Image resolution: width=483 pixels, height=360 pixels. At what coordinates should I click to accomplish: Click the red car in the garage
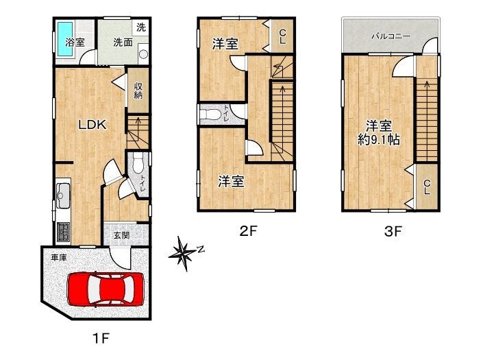pos(106,289)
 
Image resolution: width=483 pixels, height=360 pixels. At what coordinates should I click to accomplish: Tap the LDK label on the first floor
pos(92,125)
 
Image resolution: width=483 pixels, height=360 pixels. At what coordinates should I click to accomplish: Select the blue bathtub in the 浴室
pos(64,39)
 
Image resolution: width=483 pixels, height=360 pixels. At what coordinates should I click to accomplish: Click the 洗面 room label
pos(123,43)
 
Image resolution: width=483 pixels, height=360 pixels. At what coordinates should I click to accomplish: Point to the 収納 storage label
pos(138,91)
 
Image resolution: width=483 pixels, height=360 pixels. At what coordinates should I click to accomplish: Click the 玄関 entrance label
pos(121,235)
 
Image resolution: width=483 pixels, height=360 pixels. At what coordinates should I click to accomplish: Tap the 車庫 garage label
pos(58,258)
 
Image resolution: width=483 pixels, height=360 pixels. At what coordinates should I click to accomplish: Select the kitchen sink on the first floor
pos(63,195)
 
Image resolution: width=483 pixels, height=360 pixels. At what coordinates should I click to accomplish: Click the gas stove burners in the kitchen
pos(64,232)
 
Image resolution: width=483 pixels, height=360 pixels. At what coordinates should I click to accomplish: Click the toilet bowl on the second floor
pos(210,115)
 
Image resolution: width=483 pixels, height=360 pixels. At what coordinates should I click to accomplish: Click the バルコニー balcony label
pos(391,36)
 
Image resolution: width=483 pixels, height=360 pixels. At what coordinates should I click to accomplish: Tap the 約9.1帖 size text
pos(379,141)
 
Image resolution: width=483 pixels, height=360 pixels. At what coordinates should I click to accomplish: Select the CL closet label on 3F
pos(427,187)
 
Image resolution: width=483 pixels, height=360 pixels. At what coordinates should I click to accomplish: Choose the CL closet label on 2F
pos(282,36)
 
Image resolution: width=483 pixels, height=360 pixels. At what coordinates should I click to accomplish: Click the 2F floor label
pos(248,231)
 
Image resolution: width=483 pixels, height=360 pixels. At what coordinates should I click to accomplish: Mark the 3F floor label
pos(393,231)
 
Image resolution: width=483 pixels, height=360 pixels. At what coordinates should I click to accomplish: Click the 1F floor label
pos(101,339)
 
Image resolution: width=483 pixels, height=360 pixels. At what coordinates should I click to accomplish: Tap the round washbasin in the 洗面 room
pos(144,54)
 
